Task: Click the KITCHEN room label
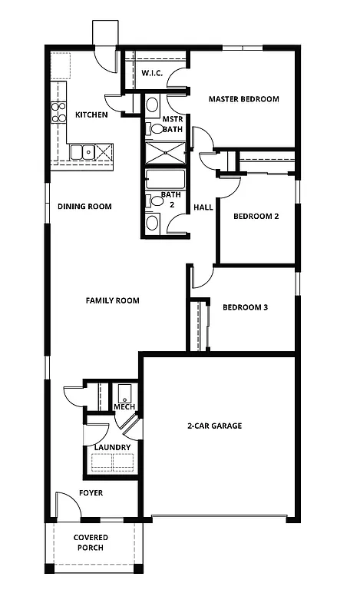[91, 115]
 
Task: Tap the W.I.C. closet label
[151, 73]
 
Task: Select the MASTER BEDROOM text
[243, 99]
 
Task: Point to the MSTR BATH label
[172, 125]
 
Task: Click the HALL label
[203, 207]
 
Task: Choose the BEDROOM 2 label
[256, 217]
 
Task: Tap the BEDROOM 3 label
[245, 307]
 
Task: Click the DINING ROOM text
[85, 206]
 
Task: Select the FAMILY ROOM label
[112, 300]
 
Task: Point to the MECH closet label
[124, 406]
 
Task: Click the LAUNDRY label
[112, 447]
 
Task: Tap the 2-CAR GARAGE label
[214, 425]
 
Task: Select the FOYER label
[91, 492]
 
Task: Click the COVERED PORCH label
[91, 542]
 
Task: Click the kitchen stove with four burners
[59, 113]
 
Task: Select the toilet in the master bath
[151, 104]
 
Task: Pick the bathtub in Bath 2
[166, 181]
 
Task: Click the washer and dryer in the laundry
[113, 462]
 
